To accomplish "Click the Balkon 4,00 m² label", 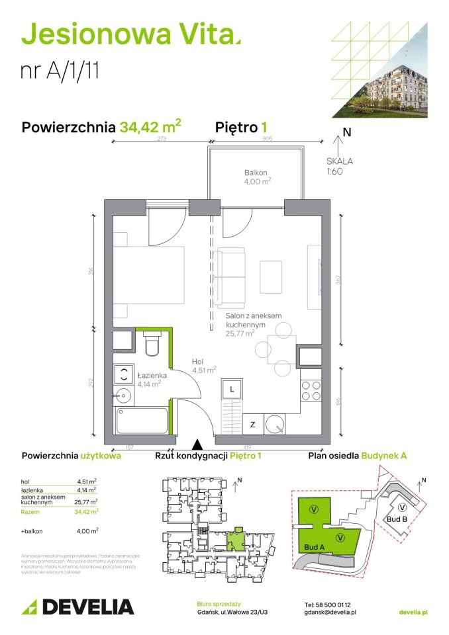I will pos(256,177).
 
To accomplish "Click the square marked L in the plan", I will pos(232,390).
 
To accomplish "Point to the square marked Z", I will pos(253,424).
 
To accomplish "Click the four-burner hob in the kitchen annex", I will pos(311,390).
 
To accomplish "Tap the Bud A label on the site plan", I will pos(314,547).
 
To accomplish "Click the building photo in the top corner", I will pos(387,73).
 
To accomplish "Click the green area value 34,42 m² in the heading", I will pos(150,126).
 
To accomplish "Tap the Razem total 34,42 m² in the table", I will pos(85,511).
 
